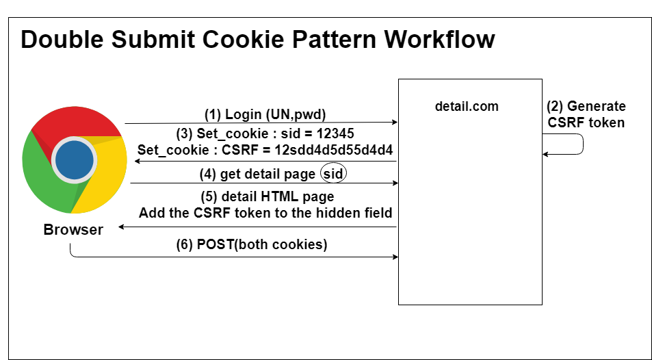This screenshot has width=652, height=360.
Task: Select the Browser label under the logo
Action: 73,229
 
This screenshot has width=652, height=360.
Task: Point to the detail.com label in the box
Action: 467,106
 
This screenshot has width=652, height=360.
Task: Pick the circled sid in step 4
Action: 334,174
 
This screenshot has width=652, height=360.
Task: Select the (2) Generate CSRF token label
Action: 586,114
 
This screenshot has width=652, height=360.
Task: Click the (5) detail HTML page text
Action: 267,197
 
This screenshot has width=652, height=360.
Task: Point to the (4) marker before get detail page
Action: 208,174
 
